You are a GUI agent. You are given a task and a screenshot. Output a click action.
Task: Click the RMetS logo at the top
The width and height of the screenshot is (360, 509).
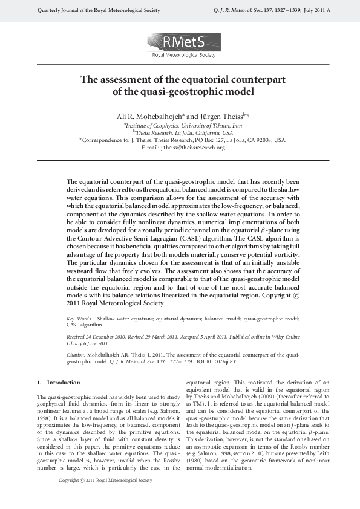pos(180,45)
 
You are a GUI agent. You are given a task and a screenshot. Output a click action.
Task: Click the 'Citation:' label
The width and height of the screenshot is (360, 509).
pos(77,351)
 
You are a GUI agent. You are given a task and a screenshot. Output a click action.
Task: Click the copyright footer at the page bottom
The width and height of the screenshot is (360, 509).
pos(105,497)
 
